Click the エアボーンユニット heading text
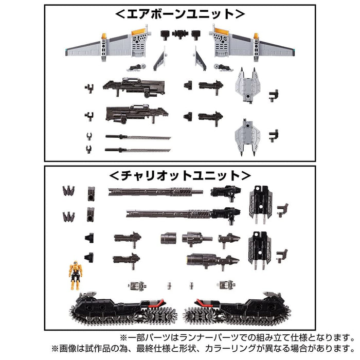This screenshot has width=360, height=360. coord(180,12)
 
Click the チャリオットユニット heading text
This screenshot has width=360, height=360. coord(180,174)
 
